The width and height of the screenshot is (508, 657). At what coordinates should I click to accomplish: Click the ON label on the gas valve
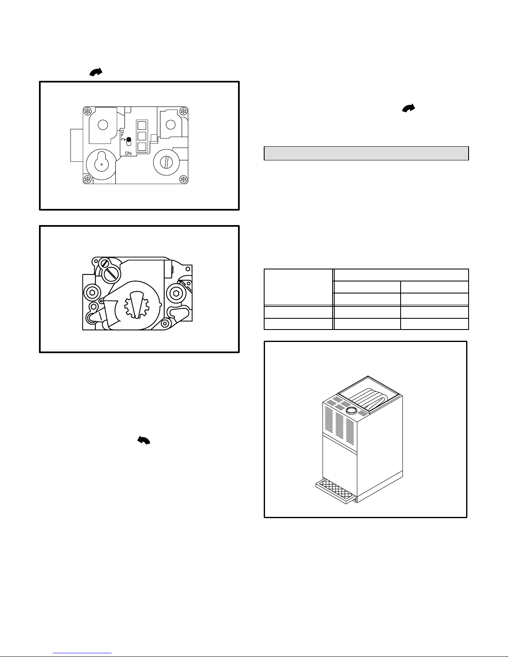[128, 153]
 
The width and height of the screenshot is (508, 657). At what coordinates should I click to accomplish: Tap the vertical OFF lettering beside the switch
[122, 136]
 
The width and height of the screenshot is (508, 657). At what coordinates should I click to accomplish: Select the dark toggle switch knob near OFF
[129, 140]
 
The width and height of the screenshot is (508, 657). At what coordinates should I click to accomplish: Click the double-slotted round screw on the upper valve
[166, 162]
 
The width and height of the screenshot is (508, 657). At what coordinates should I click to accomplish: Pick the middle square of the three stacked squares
[142, 136]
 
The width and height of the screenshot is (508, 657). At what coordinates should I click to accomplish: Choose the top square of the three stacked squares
[142, 126]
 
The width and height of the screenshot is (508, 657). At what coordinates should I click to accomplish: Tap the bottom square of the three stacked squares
[142, 147]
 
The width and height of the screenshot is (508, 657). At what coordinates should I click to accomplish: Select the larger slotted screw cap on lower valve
[112, 273]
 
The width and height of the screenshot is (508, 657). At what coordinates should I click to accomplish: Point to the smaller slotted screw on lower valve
[105, 263]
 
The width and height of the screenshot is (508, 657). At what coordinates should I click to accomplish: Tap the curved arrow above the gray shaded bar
[408, 108]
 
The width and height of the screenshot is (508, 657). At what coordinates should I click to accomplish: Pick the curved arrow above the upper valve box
[96, 72]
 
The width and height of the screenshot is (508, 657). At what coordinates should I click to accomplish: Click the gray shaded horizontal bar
[366, 153]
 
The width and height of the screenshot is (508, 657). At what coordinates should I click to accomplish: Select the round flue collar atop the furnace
[351, 410]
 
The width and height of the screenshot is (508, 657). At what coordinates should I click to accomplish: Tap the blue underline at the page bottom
[82, 653]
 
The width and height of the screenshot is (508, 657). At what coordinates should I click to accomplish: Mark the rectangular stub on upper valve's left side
[77, 145]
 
